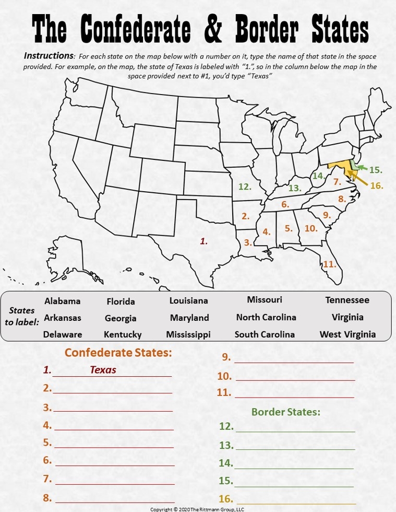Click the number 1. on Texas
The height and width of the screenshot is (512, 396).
coord(204,241)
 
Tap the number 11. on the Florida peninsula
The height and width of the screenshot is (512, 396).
coord(329,264)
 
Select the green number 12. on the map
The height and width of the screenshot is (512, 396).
coord(245,187)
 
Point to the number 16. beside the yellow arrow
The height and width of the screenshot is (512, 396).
coord(376,185)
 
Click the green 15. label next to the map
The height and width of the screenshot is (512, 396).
coord(376,170)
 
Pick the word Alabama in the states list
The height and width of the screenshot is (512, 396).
coord(63,301)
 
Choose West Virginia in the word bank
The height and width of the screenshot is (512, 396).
coord(347,334)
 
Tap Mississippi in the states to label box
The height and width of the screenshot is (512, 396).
coord(188,334)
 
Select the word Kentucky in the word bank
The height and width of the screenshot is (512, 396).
coord(123,334)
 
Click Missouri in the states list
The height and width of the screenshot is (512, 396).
coord(265,300)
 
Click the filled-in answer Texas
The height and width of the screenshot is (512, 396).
coord(103,370)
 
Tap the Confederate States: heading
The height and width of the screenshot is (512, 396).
coord(118,353)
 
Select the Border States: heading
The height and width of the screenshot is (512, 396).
coord(285,412)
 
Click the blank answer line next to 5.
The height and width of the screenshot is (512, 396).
coord(114,447)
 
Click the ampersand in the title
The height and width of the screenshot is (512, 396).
coord(212,30)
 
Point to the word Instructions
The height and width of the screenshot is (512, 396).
coord(49,56)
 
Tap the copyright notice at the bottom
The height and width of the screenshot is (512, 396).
coord(197,509)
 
